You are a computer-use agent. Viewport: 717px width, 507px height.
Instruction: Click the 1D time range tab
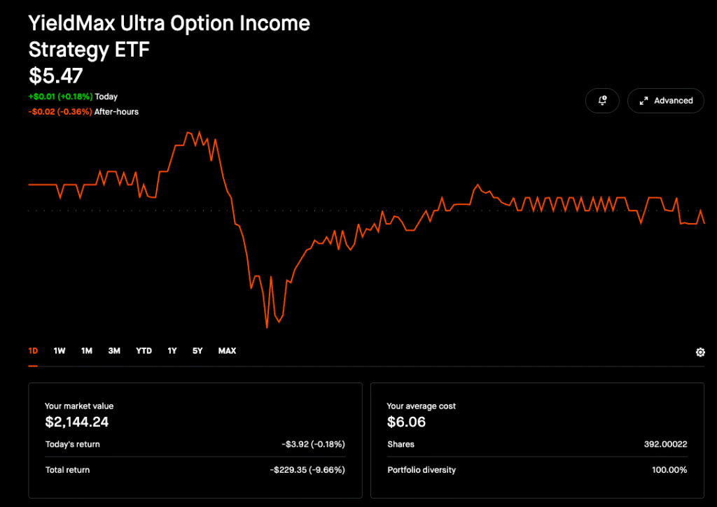(33, 351)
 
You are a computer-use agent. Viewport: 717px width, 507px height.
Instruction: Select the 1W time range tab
(60, 351)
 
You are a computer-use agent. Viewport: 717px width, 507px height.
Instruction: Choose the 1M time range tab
(87, 351)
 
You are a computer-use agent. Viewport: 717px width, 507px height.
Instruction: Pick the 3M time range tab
(114, 351)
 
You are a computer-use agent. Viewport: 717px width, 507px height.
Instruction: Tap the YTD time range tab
(144, 351)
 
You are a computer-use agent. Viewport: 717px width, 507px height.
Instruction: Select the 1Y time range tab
(172, 351)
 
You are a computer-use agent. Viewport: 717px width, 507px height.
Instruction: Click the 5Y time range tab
(197, 351)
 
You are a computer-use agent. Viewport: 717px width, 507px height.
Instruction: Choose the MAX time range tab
(227, 351)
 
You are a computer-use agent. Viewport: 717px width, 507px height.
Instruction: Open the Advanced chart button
(665, 101)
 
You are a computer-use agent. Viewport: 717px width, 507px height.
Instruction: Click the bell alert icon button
(602, 101)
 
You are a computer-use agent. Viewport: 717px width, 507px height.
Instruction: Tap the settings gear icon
(700, 352)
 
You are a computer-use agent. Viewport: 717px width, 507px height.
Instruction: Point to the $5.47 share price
(55, 76)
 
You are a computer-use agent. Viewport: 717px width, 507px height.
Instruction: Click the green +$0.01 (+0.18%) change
(60, 97)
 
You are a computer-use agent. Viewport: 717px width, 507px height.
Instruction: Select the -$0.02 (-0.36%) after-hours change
(60, 112)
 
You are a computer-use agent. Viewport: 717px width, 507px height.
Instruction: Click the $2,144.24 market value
(76, 422)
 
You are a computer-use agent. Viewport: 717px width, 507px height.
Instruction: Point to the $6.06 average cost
(406, 422)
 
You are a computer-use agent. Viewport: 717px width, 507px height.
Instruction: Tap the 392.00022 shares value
(665, 444)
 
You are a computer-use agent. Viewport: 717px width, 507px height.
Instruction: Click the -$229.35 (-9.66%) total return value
(307, 470)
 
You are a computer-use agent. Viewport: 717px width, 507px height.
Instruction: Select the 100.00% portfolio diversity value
(669, 470)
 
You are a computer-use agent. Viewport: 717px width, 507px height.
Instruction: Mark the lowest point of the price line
(267, 327)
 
